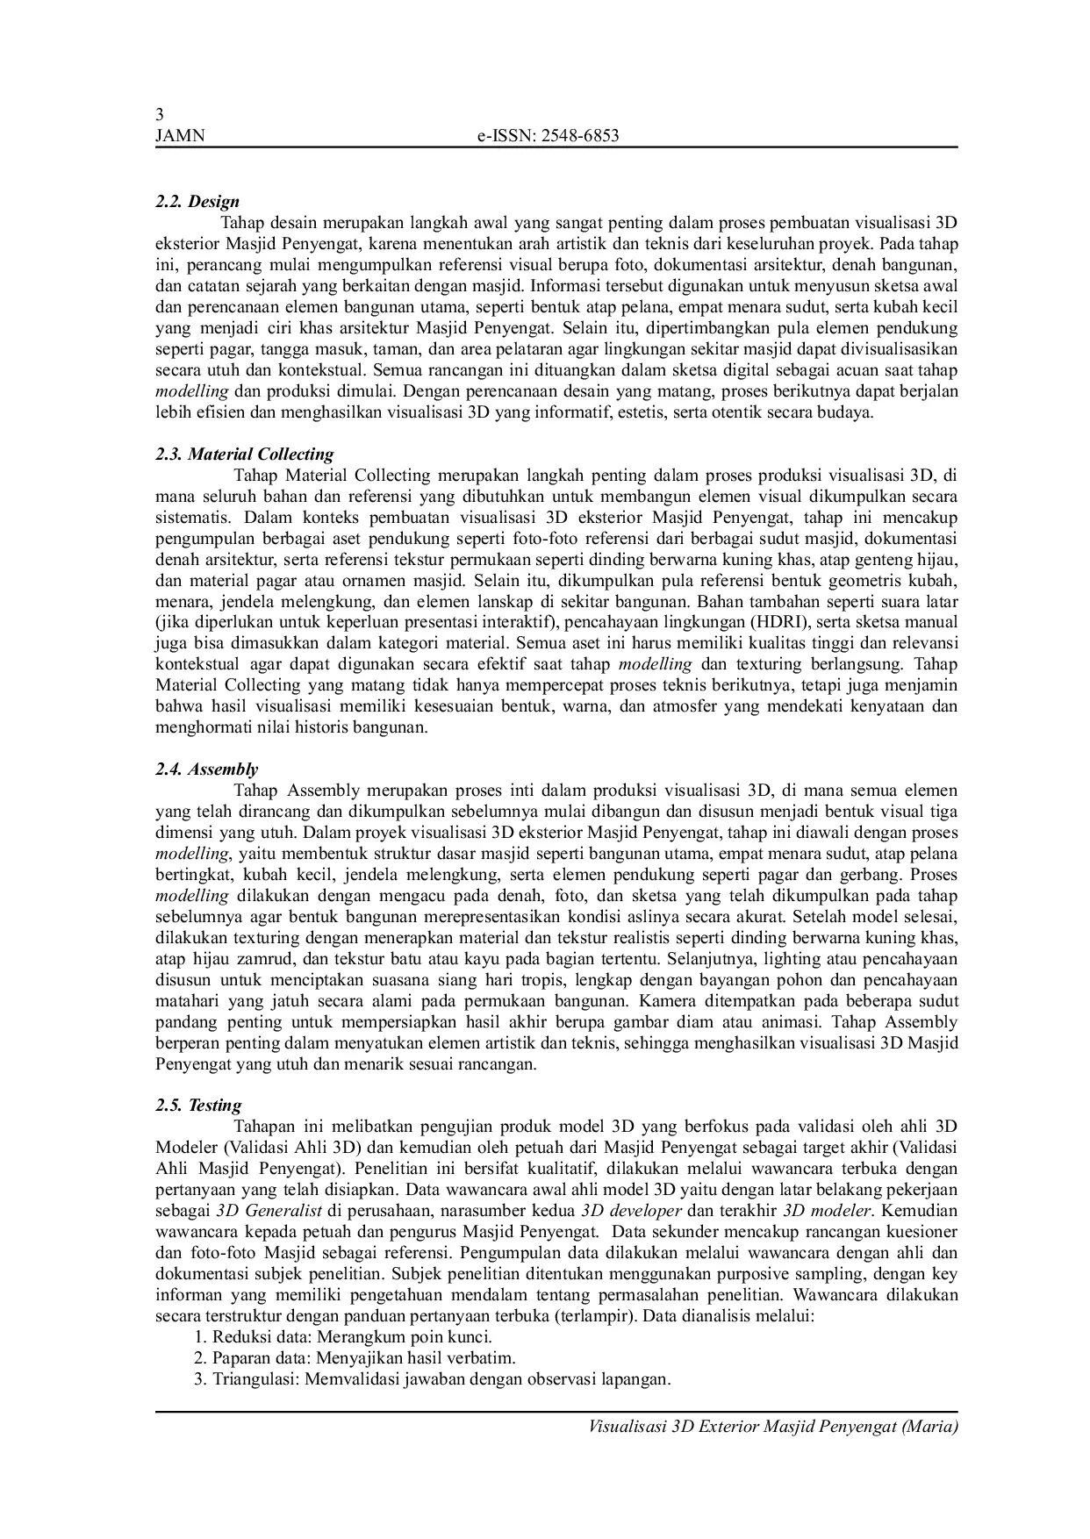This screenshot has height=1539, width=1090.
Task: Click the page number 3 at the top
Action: click(x=159, y=115)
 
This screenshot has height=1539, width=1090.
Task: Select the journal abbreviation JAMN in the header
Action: click(x=179, y=135)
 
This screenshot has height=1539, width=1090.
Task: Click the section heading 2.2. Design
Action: click(x=197, y=202)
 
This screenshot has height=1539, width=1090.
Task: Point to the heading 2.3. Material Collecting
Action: click(x=245, y=455)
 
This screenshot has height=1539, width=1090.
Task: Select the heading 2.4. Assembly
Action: click(x=207, y=769)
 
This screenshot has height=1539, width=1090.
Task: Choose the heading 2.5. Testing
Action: click(x=198, y=1106)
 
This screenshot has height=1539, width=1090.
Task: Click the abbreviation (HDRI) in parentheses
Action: click(x=772, y=622)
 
